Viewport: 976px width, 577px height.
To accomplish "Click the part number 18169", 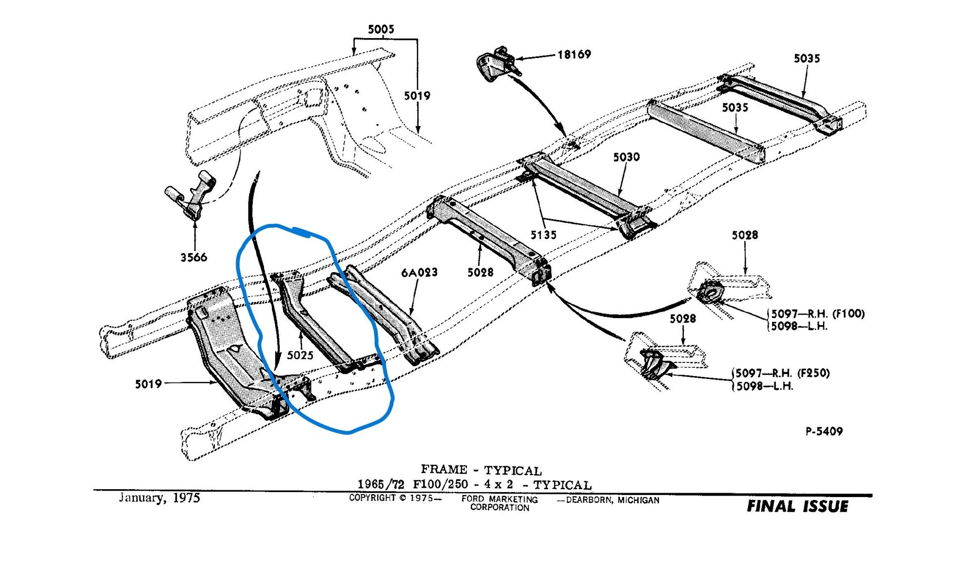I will tap(574, 54).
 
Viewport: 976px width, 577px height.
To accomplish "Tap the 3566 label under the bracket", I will tap(194, 257).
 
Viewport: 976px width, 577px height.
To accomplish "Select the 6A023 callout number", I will tap(419, 272).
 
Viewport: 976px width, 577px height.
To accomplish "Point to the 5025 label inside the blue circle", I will tap(300, 355).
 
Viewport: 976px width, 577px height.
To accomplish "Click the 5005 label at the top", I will tap(381, 29).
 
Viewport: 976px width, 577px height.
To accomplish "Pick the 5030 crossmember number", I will tap(626, 157).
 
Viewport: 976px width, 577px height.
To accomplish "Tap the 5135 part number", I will tap(544, 235).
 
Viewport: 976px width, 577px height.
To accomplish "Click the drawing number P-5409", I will tap(824, 431).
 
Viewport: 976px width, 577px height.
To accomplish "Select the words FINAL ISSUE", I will tap(797, 506).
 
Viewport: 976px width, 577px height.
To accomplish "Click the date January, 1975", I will tap(160, 498).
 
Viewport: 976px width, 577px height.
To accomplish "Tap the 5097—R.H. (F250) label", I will tap(782, 373).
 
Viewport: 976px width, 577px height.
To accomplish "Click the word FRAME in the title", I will tap(444, 469).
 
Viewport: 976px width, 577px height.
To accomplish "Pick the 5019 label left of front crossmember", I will tap(148, 384).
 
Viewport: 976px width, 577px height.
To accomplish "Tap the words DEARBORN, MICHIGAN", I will tap(612, 500).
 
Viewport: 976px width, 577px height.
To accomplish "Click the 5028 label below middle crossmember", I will tap(480, 272).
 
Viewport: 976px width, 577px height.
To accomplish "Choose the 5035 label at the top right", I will tap(807, 59).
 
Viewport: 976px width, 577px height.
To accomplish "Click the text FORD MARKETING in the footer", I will tap(499, 499).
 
